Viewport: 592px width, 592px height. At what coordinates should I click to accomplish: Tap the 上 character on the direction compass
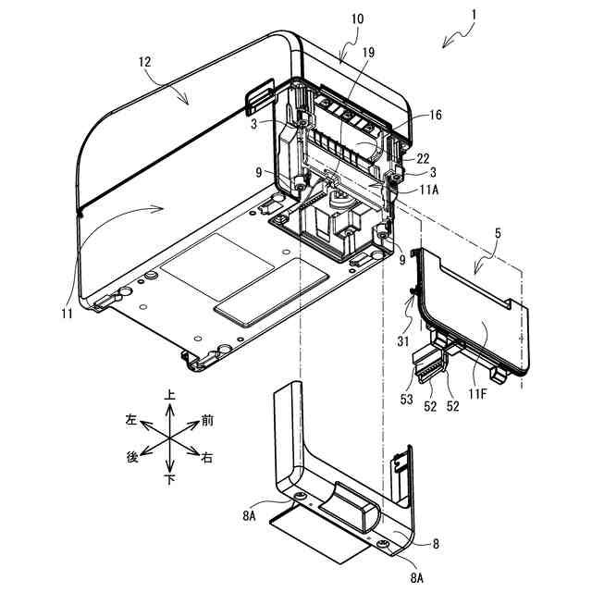click(x=169, y=394)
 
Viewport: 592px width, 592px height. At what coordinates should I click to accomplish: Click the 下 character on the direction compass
click(x=169, y=480)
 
